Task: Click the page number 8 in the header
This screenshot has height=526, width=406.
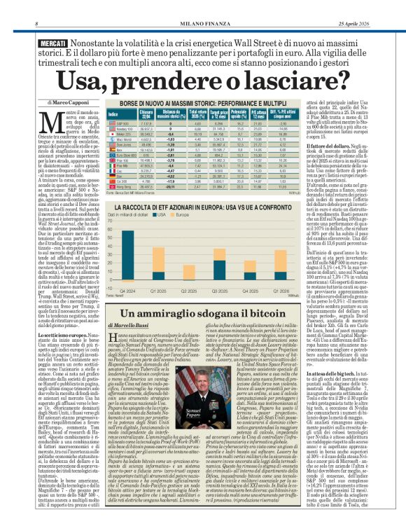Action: coord(36,6)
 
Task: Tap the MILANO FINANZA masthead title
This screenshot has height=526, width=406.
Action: coord(203,6)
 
